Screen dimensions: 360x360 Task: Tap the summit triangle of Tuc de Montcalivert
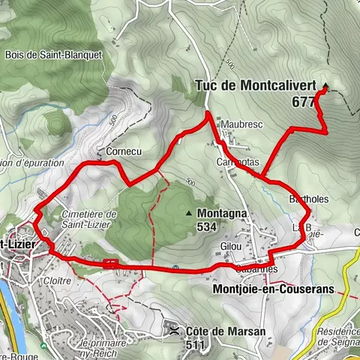click(325, 85)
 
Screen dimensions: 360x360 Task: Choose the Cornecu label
click(124, 151)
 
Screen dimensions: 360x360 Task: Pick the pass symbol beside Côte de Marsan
click(173, 331)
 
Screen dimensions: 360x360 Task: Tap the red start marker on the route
click(110, 262)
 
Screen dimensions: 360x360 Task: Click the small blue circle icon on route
click(175, 268)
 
